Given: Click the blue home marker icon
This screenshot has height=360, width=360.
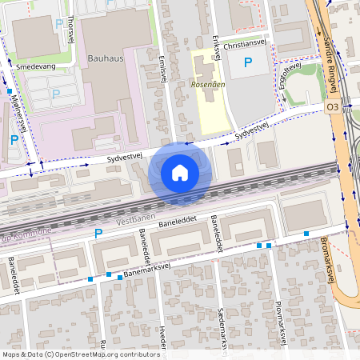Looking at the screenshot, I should pos(180,172).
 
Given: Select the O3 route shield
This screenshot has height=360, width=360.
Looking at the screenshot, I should pos(333,106).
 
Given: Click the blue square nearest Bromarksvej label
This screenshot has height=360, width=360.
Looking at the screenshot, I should pos(306,234).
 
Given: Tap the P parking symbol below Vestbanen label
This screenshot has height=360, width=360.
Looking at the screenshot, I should pos(99,234).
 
